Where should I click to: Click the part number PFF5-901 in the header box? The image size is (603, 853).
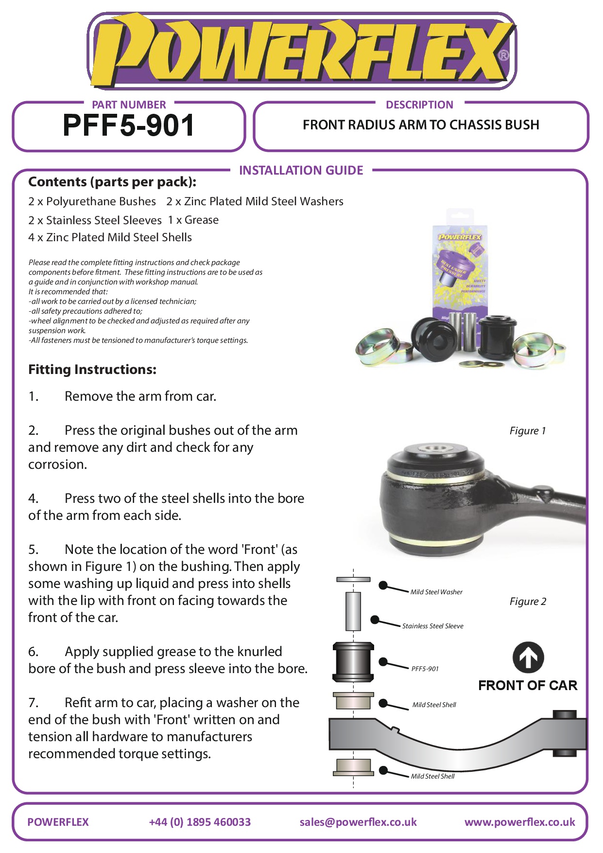(x=129, y=125)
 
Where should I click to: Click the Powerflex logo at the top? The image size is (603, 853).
(x=301, y=51)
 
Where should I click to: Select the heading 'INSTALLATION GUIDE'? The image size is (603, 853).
(x=301, y=170)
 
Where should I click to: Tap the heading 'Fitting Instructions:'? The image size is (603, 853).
(x=92, y=370)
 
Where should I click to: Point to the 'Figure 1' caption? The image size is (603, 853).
(x=527, y=431)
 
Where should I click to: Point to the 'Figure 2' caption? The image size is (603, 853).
(x=528, y=602)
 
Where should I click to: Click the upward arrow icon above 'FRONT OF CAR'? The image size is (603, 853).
(x=528, y=658)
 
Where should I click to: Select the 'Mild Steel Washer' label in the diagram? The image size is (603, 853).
(x=436, y=592)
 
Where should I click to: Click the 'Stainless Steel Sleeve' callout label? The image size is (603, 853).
(x=432, y=626)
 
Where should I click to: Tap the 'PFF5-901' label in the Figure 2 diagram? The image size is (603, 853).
(x=425, y=669)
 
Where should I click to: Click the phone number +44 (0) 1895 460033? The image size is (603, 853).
(x=200, y=822)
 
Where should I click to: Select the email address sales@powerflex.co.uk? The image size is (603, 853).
(x=358, y=822)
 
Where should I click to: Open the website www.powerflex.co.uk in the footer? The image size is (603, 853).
(x=519, y=822)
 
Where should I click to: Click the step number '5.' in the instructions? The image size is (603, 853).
(x=33, y=550)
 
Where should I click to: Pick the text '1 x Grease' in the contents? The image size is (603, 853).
(x=193, y=220)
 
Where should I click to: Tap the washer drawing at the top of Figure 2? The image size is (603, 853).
(x=353, y=580)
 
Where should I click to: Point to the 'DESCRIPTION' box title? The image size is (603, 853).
(x=419, y=105)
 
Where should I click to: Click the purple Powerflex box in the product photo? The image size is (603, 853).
(x=459, y=263)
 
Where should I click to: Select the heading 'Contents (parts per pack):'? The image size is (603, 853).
(x=112, y=182)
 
